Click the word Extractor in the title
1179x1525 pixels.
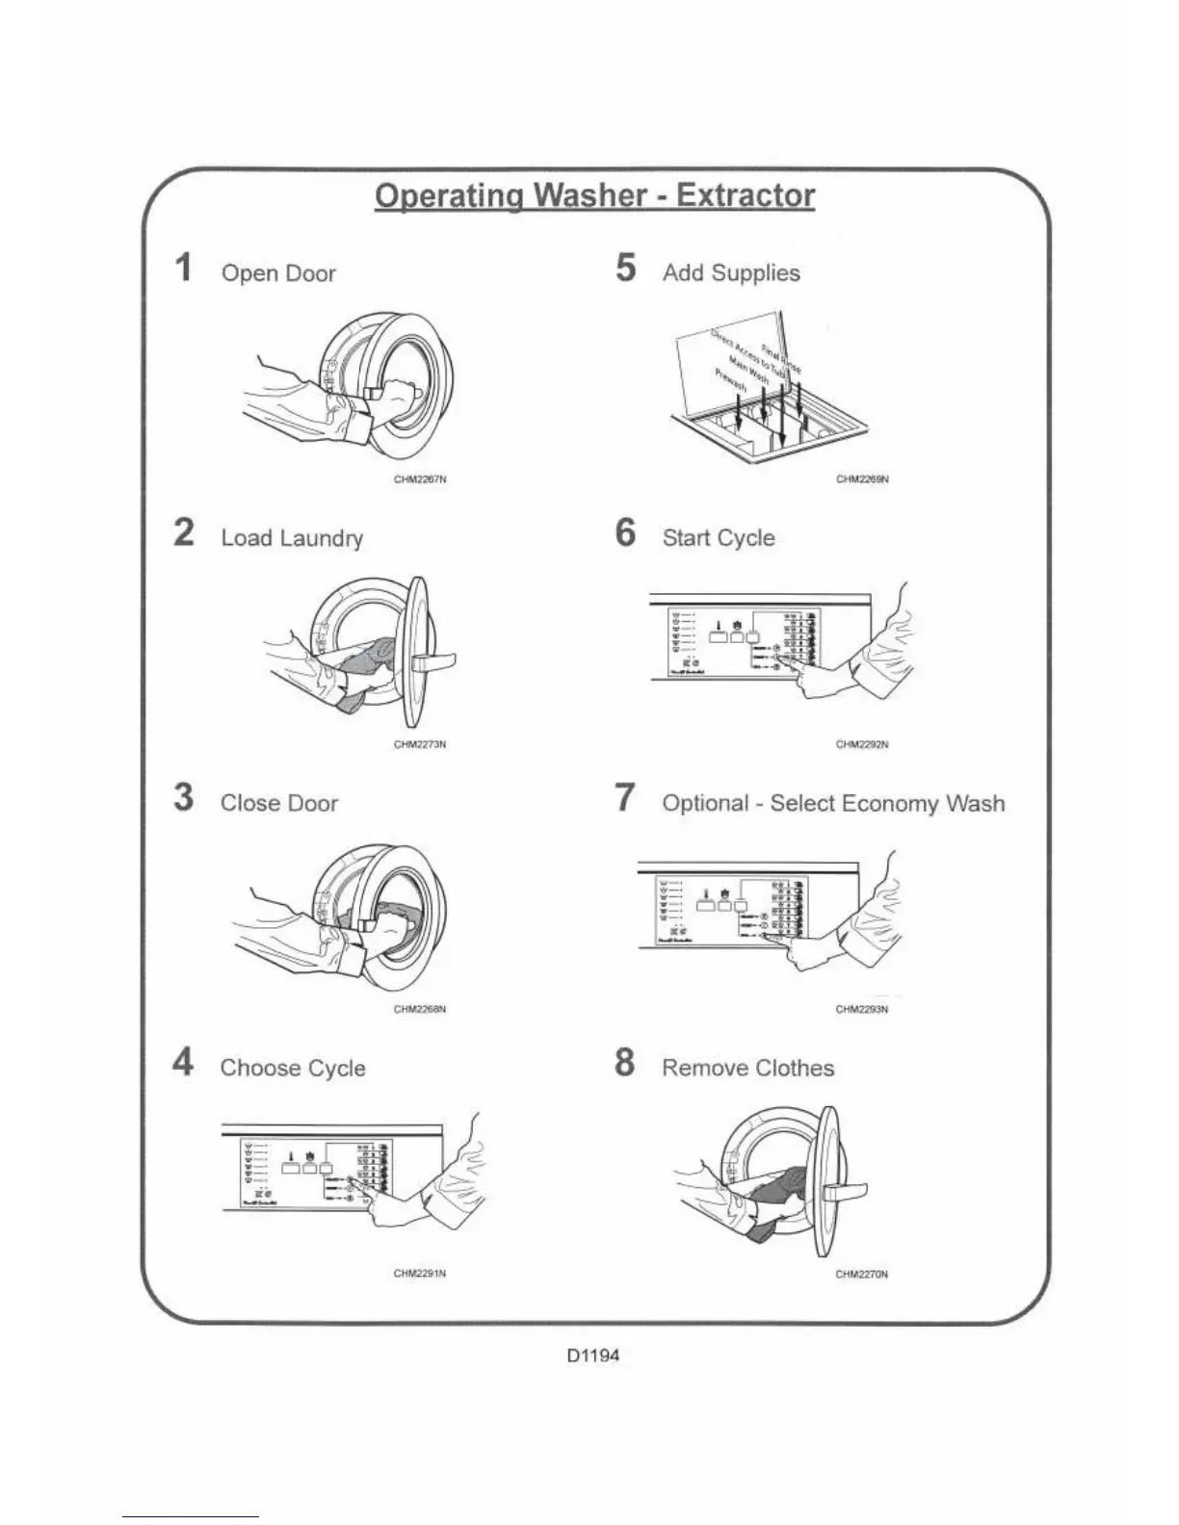(x=746, y=195)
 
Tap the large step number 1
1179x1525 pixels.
(x=183, y=268)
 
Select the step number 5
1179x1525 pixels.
(x=626, y=268)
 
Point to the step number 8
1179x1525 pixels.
(x=625, y=1063)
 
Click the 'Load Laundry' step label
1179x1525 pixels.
(x=292, y=538)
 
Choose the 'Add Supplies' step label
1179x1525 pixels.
(x=731, y=273)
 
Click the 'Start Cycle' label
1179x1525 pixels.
(x=719, y=538)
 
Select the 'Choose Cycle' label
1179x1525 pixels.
(x=293, y=1069)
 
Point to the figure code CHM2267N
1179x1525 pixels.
(x=420, y=479)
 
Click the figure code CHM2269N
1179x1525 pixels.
(x=862, y=479)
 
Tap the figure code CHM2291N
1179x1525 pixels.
(x=420, y=1274)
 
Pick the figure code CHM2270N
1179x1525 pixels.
(x=862, y=1274)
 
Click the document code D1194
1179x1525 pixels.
(x=593, y=1356)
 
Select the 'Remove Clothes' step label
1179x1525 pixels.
(x=748, y=1069)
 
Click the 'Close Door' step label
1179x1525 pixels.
(x=279, y=804)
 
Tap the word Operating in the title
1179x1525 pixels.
(x=448, y=195)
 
